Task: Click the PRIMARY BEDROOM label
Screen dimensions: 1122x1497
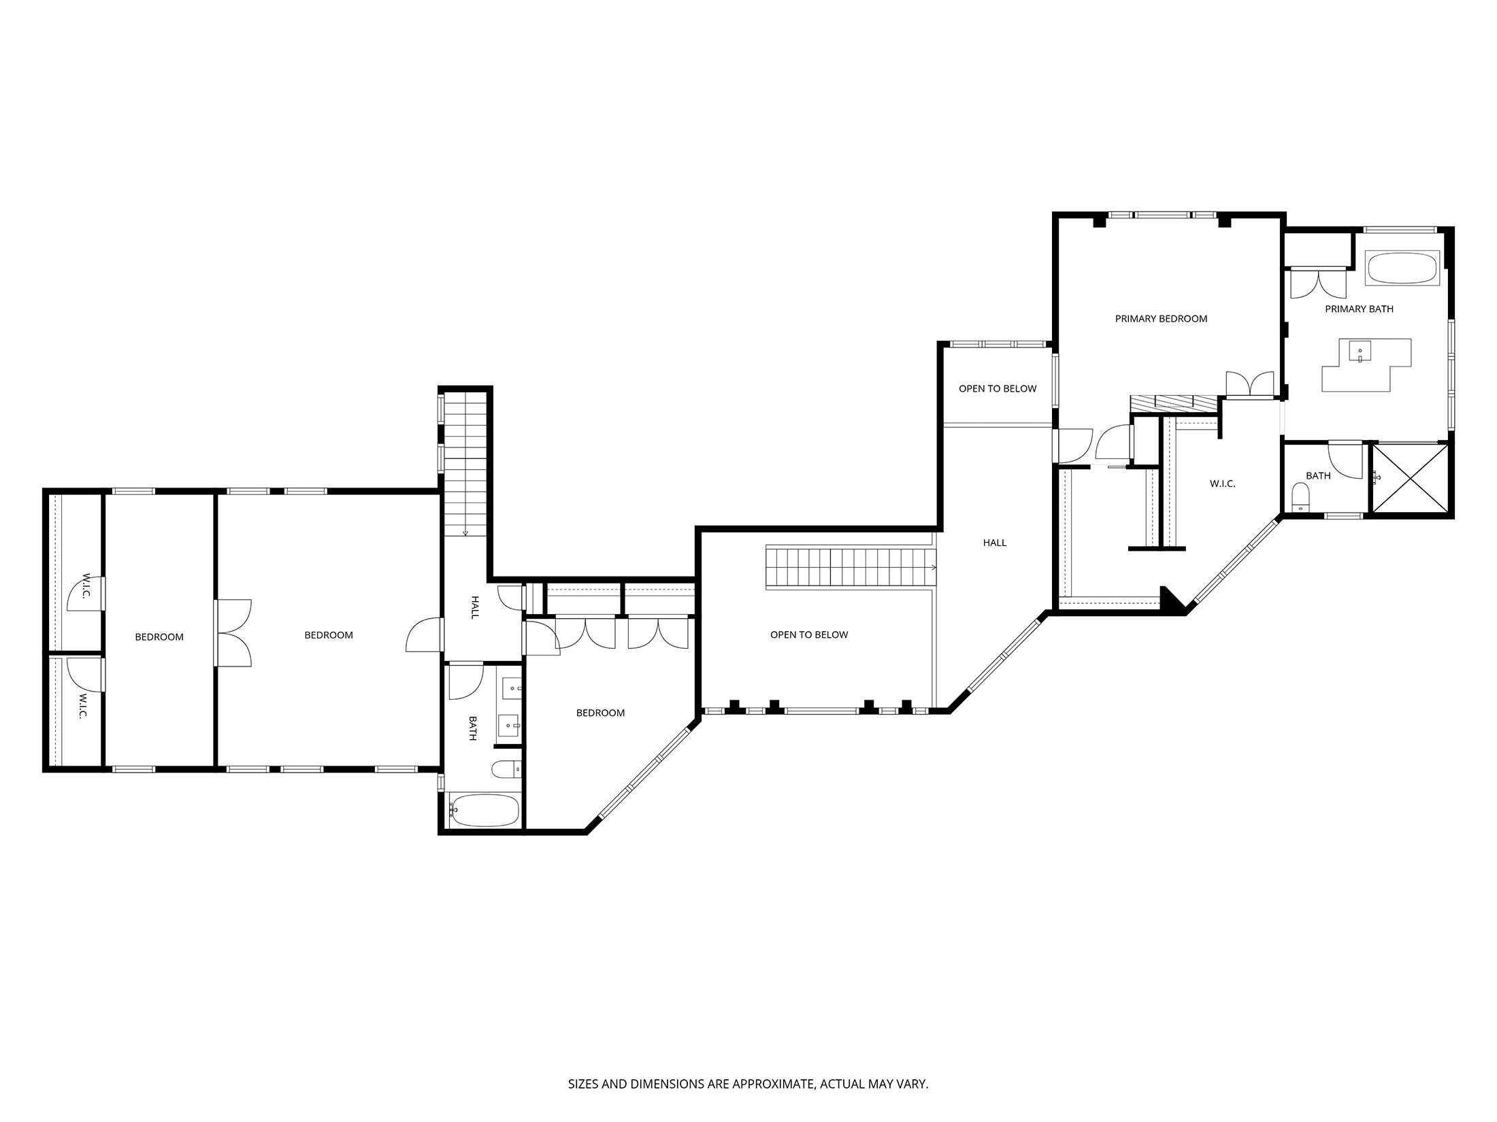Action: click(x=1161, y=318)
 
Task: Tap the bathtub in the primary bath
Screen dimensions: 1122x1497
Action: click(x=1402, y=269)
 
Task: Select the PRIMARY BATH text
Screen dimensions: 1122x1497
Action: click(x=1359, y=309)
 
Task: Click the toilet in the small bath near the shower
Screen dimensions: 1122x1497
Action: click(x=1300, y=497)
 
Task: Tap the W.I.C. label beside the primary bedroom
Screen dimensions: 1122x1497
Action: click(x=1222, y=484)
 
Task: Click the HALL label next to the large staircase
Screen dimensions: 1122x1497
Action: click(x=994, y=543)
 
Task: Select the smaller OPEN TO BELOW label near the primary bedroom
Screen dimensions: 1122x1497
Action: click(x=998, y=389)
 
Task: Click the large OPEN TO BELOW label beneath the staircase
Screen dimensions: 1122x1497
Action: click(x=809, y=634)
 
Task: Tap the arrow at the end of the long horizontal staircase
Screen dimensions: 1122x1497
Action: click(x=934, y=567)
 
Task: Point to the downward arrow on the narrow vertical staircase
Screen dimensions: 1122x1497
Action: click(x=466, y=532)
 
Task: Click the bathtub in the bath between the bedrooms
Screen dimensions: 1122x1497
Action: click(x=484, y=811)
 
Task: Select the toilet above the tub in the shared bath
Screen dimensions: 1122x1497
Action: click(x=504, y=769)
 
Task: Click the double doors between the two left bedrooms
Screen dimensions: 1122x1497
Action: click(x=233, y=632)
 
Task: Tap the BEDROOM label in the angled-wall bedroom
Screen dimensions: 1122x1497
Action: click(x=600, y=713)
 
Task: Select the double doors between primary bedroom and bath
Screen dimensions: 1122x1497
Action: click(x=1249, y=384)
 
